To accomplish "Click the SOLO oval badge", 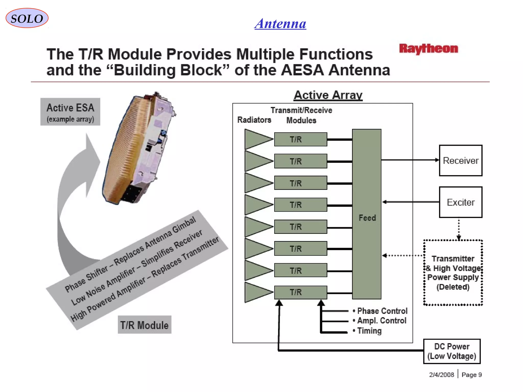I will tap(27, 18).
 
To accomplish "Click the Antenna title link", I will tap(280, 24).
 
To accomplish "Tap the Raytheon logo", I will tap(429, 48).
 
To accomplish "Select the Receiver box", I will tap(460, 161).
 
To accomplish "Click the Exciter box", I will tap(460, 202).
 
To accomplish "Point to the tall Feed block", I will tap(367, 214).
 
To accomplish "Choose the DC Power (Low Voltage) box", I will tap(452, 351).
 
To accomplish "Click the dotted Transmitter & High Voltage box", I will tap(453, 273).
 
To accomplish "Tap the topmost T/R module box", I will tap(301, 139).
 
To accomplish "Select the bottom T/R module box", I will tap(301, 292).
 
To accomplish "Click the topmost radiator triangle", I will tap(257, 139).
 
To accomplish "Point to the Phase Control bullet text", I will tap(382, 311).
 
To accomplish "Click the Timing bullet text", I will tap(369, 331).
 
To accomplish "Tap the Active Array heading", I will tap(328, 95).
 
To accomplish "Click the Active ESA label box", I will tap(70, 112).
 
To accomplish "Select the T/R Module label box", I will tap(144, 325).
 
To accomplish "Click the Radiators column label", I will tap(254, 120).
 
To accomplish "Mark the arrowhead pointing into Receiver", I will tap(437, 160).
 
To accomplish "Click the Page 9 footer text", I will tap(471, 375).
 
